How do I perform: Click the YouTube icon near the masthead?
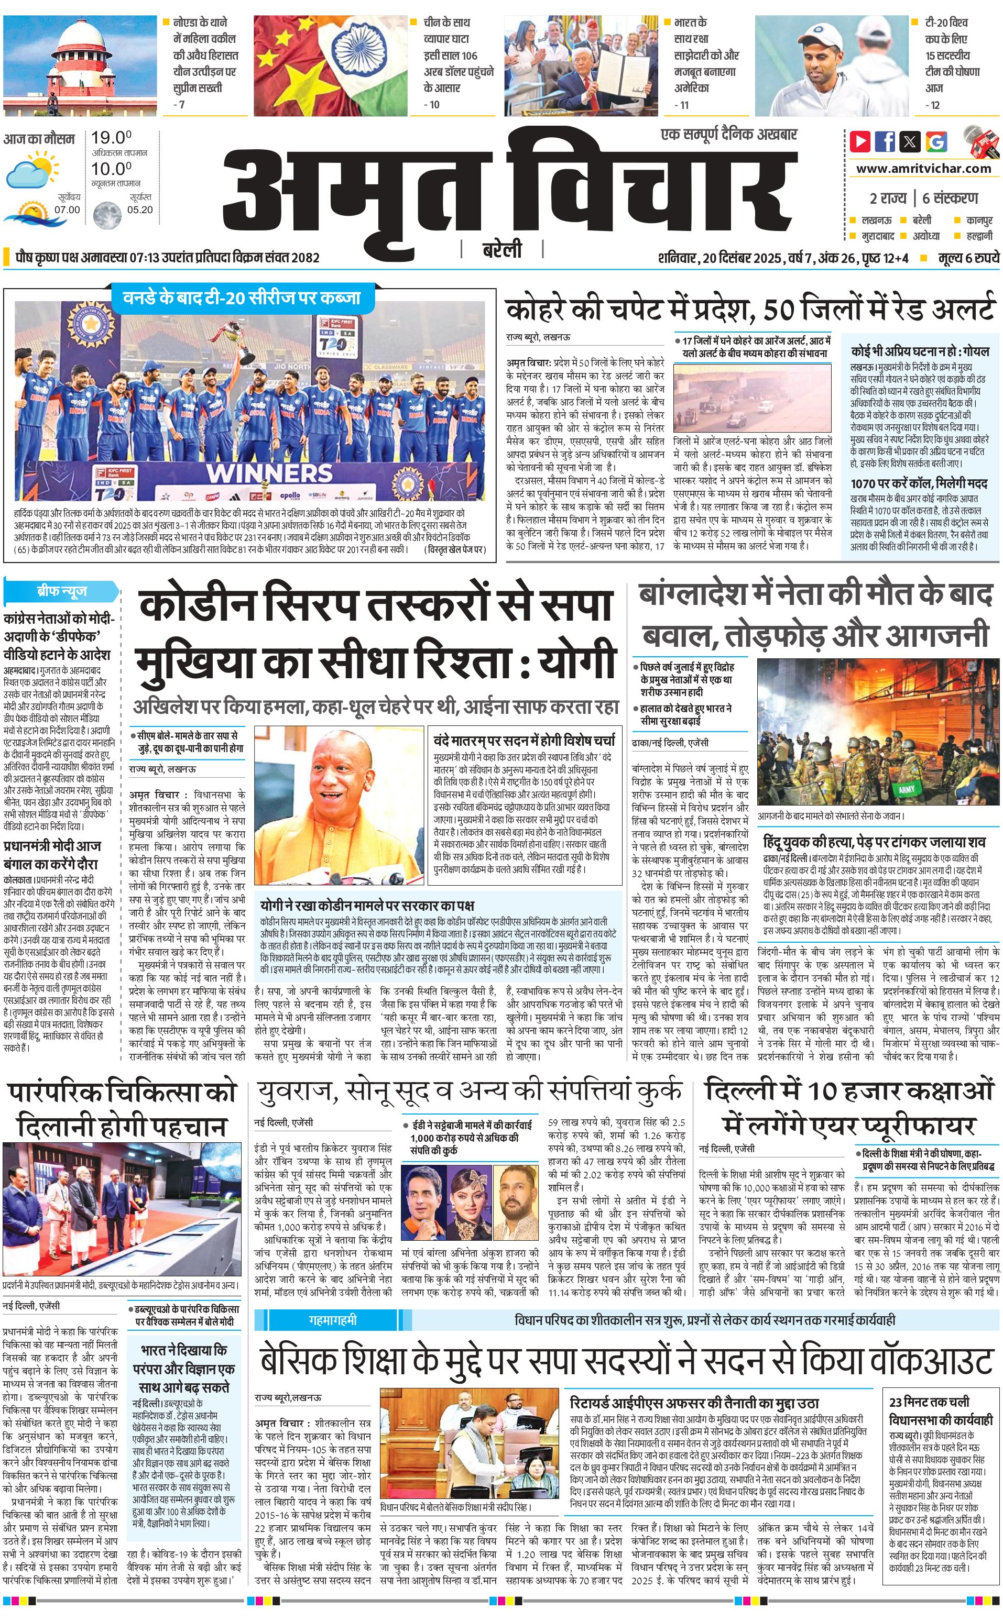point(860,140)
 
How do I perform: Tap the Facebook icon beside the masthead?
point(885,140)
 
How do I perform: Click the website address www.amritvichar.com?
point(923,169)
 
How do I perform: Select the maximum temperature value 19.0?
point(111,138)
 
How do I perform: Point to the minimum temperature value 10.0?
point(111,169)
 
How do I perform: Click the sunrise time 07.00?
point(67,209)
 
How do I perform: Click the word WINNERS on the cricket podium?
point(269,473)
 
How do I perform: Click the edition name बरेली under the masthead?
point(502,250)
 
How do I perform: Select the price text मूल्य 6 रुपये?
point(968,257)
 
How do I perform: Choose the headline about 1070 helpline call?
point(919,483)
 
